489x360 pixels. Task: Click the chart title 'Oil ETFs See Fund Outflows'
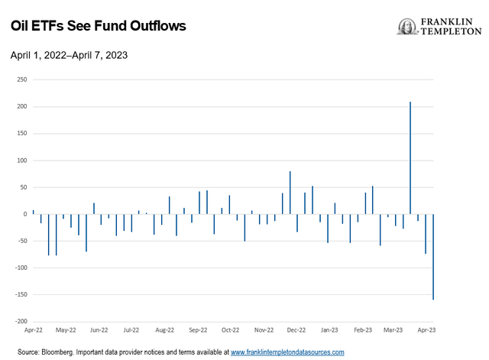pyautogui.click(x=98, y=26)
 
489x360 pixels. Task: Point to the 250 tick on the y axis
pyautogui.click(x=22, y=79)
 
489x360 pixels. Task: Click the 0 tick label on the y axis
pyautogui.click(x=25, y=214)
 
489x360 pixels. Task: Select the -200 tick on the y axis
pyautogui.click(x=21, y=322)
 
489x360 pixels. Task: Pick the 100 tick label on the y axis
pyautogui.click(x=22, y=161)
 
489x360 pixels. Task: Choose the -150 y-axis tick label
pyautogui.click(x=21, y=295)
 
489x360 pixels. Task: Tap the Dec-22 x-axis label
pyautogui.click(x=296, y=331)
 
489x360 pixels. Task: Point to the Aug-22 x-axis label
pyautogui.click(x=166, y=331)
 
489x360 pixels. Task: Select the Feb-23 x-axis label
pyautogui.click(x=362, y=331)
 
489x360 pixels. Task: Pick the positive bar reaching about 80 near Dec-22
pyautogui.click(x=290, y=193)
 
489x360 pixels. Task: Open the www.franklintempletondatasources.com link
pyautogui.click(x=287, y=352)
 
